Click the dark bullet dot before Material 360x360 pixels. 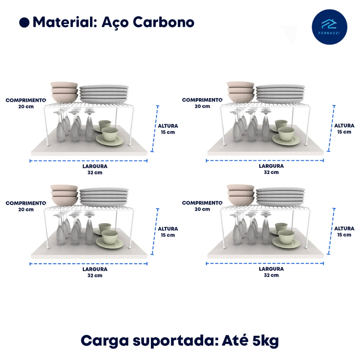tap(24, 23)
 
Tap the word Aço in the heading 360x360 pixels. tap(115, 22)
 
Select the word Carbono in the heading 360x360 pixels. tap(163, 22)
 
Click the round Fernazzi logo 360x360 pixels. tap(329, 27)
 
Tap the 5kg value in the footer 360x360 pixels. tap(265, 340)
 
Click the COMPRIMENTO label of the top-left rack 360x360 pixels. tap(26, 100)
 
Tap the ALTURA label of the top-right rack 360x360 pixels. tap(344, 126)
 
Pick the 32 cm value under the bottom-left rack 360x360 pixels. tap(95, 275)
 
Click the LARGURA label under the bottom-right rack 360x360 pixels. tap(271, 269)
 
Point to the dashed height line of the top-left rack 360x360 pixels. tap(155, 129)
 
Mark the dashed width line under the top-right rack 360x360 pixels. tap(265, 160)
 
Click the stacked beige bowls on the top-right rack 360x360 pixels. tap(240, 92)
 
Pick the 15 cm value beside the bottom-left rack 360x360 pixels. tap(168, 235)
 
